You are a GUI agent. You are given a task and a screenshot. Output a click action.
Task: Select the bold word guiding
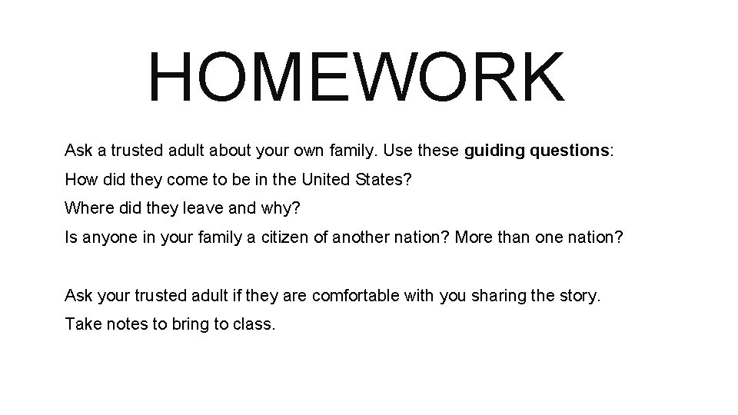tap(495, 151)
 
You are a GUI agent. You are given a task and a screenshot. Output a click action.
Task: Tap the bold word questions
tap(570, 151)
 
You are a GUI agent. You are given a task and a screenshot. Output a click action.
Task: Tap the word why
tap(265, 208)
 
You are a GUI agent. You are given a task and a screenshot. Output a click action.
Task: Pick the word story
tap(579, 296)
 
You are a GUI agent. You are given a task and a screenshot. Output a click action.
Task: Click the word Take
tap(81, 324)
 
